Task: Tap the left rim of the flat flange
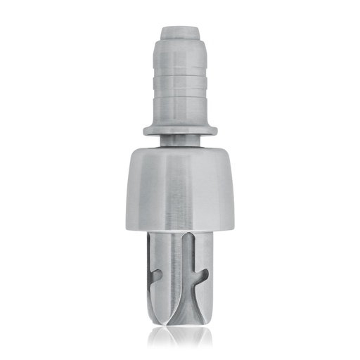146,130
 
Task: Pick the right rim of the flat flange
214,130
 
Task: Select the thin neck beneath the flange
180,141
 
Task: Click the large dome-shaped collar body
180,190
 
